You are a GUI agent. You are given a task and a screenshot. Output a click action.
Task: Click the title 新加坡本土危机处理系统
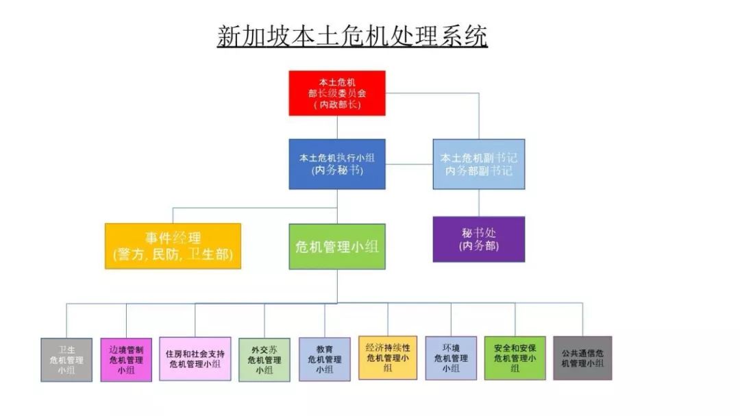[x=352, y=36]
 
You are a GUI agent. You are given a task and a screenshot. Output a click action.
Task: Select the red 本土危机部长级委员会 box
[x=337, y=93]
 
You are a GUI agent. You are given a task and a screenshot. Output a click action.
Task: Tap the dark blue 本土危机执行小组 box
[x=337, y=164]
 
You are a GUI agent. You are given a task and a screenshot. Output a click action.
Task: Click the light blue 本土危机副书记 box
[x=479, y=164]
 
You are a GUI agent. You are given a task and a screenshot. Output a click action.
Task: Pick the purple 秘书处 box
[x=479, y=239]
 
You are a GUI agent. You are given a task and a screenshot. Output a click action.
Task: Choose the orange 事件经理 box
[x=173, y=245]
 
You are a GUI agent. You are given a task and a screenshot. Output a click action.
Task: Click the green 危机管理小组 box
[x=337, y=246]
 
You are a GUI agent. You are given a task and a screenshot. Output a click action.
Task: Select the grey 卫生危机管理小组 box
[x=66, y=359]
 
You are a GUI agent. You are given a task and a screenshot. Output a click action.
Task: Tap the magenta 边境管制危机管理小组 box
[x=126, y=359]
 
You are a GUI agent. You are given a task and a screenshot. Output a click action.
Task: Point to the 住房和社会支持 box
[x=195, y=358]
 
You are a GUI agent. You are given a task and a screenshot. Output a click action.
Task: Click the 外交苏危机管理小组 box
[x=264, y=359]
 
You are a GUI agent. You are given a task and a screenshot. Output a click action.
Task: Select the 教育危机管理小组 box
[x=324, y=358]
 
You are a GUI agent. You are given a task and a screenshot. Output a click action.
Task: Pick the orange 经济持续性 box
[x=388, y=357]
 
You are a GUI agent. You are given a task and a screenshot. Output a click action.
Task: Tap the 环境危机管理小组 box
[x=451, y=358]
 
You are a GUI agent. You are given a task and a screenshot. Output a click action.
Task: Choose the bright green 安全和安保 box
[x=515, y=358]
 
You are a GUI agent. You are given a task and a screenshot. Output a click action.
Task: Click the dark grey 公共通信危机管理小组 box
[x=582, y=358]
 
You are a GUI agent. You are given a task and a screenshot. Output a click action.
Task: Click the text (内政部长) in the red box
[x=337, y=105]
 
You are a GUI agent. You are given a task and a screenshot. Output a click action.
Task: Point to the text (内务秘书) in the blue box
[x=337, y=170]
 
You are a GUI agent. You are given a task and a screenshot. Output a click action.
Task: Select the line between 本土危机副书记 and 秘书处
[x=479, y=203]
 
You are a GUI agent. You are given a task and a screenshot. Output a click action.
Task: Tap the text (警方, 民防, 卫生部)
[x=173, y=255]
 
